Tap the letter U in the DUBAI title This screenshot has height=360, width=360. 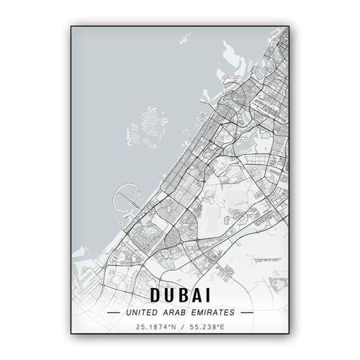click(x=171, y=294)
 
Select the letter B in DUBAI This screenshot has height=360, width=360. click(x=186, y=294)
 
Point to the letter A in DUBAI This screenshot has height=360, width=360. click(x=199, y=294)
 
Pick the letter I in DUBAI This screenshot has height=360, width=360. click(x=210, y=294)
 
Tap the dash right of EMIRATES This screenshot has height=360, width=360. click(x=248, y=313)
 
